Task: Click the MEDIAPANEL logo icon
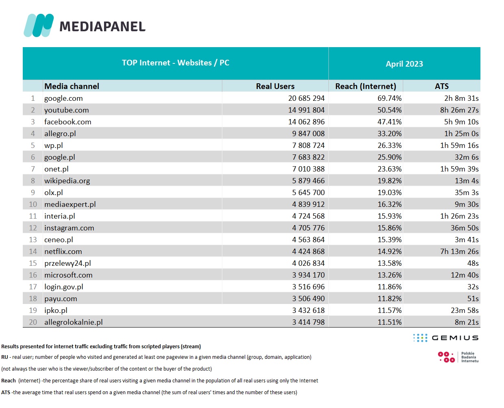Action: coord(39,26)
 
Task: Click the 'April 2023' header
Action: coord(404,64)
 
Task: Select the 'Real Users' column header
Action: coord(275,86)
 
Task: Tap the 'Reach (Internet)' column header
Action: coord(365,86)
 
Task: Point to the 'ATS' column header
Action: coord(441,86)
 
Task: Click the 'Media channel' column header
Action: coord(72,86)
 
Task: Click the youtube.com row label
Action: coord(66,110)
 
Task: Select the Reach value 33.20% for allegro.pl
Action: coord(389,134)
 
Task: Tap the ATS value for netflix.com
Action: coord(459,252)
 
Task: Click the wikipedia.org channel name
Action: coord(67,181)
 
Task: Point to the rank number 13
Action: coord(33,240)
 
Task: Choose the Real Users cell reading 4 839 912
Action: coord(308,204)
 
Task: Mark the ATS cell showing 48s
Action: coord(473,263)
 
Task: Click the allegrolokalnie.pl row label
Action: coord(73,322)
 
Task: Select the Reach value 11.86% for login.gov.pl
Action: coord(389,287)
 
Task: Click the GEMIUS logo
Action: coord(446,338)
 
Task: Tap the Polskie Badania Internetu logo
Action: coord(458,357)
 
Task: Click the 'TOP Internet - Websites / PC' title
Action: coord(176,63)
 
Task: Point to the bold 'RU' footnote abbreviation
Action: coord(4,357)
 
